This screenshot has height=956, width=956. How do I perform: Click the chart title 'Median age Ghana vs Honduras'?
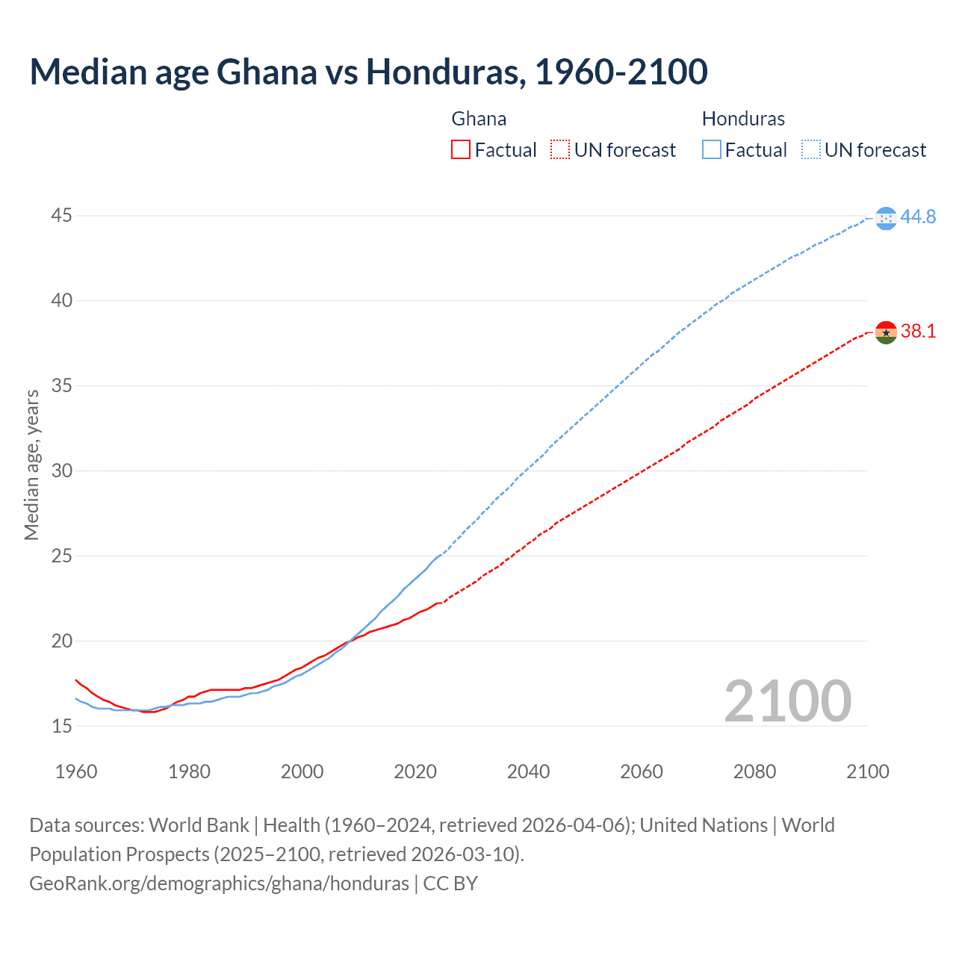click(x=368, y=72)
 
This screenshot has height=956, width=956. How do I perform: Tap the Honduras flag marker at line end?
click(x=886, y=218)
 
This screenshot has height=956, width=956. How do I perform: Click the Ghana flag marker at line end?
click(x=886, y=332)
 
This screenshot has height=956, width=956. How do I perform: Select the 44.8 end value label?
click(x=918, y=217)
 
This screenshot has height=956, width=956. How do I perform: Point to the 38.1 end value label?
click(x=918, y=332)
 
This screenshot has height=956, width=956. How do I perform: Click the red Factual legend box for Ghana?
click(x=461, y=150)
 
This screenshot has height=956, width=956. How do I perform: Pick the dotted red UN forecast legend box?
click(x=560, y=150)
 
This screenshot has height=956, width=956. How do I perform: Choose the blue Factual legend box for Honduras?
click(x=712, y=150)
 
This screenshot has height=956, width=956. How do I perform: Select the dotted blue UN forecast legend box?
click(x=810, y=150)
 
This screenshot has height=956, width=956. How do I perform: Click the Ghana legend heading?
click(x=479, y=119)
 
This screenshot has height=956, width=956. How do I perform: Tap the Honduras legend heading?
click(x=743, y=119)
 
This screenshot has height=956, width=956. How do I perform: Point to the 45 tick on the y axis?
click(x=62, y=216)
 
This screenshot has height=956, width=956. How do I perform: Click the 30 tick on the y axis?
click(x=62, y=471)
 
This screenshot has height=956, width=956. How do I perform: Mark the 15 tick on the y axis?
click(x=62, y=726)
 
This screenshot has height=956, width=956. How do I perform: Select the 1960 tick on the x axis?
click(x=76, y=772)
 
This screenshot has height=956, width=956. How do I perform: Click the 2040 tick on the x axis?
click(x=528, y=772)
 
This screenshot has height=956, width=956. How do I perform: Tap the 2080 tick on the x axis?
click(x=754, y=772)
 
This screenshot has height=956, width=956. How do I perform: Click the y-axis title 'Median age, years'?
click(x=31, y=465)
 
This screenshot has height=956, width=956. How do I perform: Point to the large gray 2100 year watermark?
click(x=787, y=701)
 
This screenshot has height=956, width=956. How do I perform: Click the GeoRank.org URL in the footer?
click(x=219, y=884)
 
